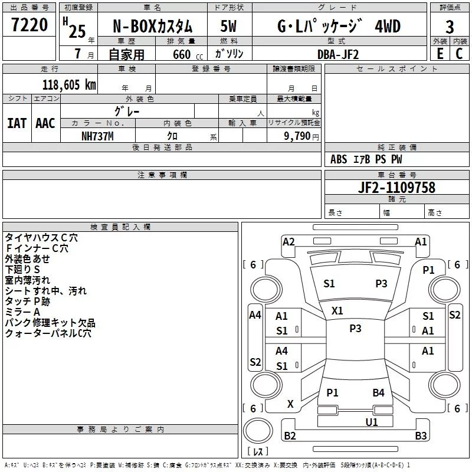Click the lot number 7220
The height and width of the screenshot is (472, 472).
tap(29, 25)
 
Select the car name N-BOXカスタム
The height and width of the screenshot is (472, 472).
tap(152, 27)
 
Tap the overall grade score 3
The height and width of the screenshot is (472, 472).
tap(450, 27)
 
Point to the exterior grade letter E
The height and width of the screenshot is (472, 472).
tap(440, 54)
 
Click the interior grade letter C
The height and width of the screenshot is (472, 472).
tap(459, 54)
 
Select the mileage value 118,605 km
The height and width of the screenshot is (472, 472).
tap(69, 85)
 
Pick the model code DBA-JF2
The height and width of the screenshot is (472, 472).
tap(338, 54)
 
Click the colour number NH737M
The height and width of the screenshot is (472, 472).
tap(97, 136)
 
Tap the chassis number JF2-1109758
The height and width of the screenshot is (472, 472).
tap(396, 187)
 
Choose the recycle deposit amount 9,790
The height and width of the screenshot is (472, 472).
tap(297, 136)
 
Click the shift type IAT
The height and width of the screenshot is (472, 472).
tap(17, 123)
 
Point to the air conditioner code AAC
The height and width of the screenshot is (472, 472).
tap(45, 123)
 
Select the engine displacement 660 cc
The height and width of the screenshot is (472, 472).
tap(188, 54)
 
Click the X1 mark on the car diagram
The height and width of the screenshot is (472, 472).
tap(337, 311)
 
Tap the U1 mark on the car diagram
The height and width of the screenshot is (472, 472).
tap(372, 422)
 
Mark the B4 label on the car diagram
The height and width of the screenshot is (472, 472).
tap(378, 392)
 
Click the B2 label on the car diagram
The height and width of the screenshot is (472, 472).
tap(290, 435)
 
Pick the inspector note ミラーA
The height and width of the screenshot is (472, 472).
tap(22, 312)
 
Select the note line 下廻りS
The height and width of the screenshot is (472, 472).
tap(22, 269)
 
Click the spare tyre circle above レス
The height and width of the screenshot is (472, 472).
tap(258, 431)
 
